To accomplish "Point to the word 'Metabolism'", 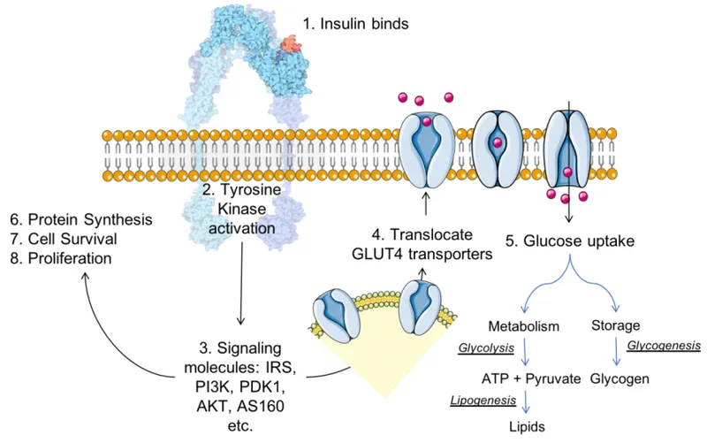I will (523, 327).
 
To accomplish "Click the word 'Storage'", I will (615, 326).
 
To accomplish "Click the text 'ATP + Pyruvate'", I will (530, 378).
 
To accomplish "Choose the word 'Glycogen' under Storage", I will (616, 378).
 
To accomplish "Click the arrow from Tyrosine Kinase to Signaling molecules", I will (242, 283).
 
